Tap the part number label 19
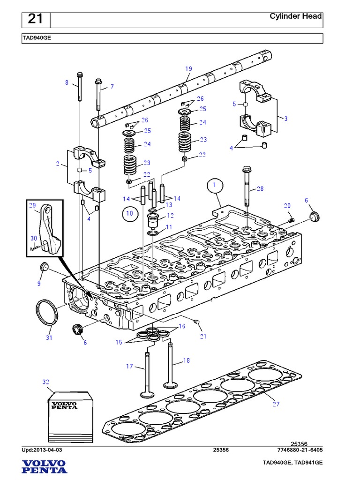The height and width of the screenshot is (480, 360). [188, 69]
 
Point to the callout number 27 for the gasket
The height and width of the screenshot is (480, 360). [276, 404]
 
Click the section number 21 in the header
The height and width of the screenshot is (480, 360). [35, 19]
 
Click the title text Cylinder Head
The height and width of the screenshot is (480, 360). [295, 16]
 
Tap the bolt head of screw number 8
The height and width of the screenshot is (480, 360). [79, 75]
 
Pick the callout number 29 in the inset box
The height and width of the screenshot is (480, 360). [32, 205]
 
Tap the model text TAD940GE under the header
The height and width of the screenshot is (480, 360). [36, 39]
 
